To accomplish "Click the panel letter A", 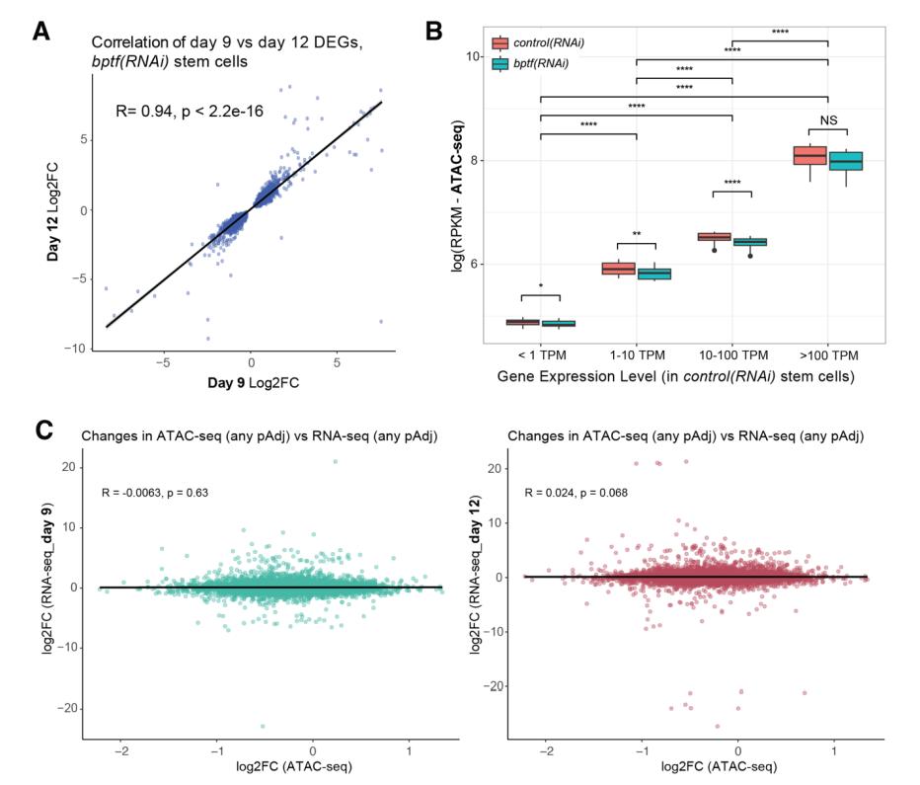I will point(41,31).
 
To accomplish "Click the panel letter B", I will point(433,31).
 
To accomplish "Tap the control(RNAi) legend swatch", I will point(499,42).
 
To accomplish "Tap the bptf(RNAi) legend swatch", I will point(499,63).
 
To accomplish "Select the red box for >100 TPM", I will point(809,155).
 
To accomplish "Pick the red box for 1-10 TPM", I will point(618,269).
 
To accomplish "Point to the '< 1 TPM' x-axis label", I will point(541,354).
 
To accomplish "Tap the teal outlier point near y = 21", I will point(336,461).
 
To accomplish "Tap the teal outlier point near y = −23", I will point(263,726).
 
